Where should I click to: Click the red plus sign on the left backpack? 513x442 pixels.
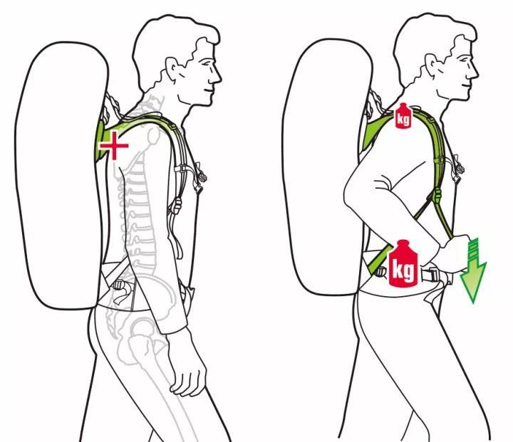tap(114, 145)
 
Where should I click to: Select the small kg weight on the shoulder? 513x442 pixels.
tap(403, 115)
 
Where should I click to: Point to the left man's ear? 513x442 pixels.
tap(172, 68)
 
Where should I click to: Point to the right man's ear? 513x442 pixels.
tap(432, 65)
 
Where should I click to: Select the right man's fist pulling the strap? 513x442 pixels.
tap(452, 253)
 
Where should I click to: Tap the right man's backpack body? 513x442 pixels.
tap(324, 167)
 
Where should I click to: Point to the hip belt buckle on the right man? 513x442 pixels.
tap(431, 274)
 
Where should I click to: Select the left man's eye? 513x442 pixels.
tap(205, 62)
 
